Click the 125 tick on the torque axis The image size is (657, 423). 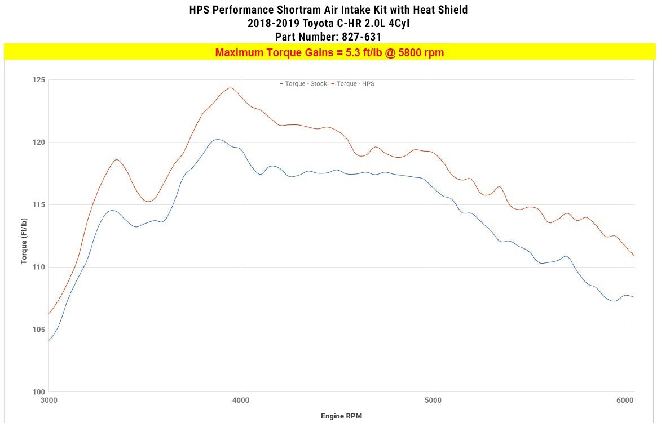38,80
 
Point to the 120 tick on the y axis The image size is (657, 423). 38,143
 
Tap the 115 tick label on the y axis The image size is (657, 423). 38,205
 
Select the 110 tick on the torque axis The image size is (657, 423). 38,267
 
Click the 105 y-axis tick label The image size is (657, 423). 38,330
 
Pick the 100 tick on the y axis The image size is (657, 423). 38,392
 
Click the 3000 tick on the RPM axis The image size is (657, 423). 48,401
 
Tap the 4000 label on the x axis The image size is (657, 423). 241,401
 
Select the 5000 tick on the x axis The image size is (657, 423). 433,401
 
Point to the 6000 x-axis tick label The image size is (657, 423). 625,401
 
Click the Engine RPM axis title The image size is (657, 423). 341,416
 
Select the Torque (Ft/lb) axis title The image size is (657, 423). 24,236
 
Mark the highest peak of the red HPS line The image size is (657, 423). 230,88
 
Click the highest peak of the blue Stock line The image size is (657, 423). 218,139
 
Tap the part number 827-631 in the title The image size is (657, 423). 360,37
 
